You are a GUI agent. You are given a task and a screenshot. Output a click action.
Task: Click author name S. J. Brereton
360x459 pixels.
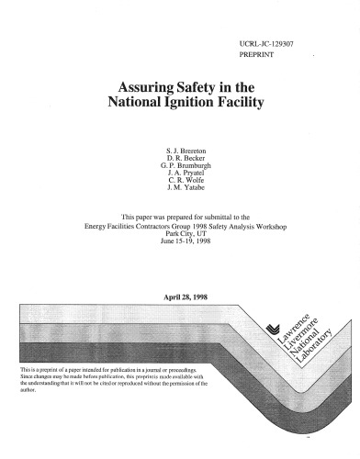point(180,148)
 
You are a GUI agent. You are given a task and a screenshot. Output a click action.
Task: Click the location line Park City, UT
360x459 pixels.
point(180,233)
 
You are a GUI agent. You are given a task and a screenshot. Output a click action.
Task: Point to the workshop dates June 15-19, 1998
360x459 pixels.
point(180,241)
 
